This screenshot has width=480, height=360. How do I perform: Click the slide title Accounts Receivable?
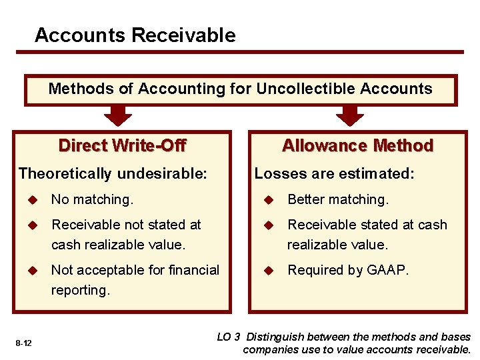tap(135, 35)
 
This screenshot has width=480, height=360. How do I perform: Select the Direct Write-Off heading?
tap(122, 145)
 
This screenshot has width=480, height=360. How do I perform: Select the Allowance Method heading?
tap(357, 145)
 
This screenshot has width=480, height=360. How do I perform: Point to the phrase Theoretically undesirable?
tap(113, 174)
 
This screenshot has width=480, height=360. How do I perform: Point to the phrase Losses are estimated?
tap(334, 174)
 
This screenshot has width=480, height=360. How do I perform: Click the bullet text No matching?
tap(92, 199)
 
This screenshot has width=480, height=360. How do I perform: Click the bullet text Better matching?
tap(337, 199)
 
